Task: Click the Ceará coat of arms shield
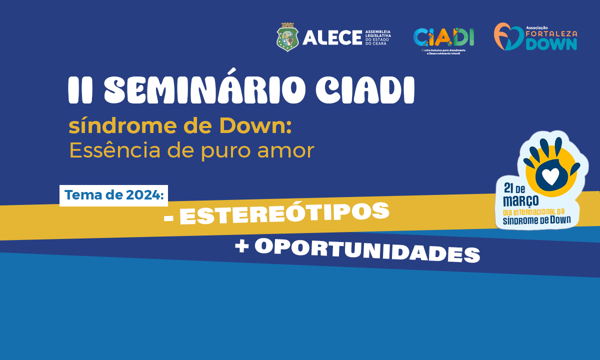point(287,37)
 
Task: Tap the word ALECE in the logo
point(331,37)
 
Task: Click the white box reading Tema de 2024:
point(114,195)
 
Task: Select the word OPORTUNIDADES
point(367,249)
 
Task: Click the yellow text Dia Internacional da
point(540,211)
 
